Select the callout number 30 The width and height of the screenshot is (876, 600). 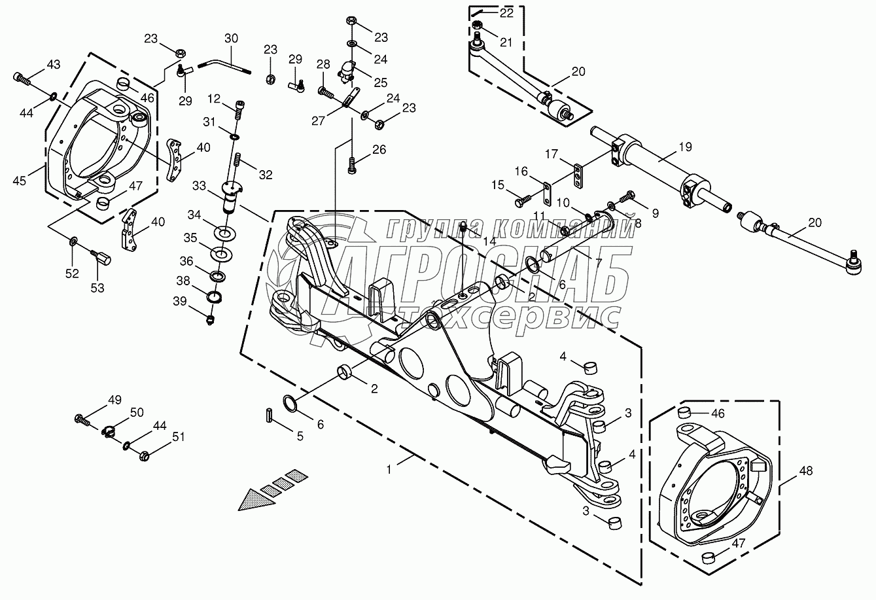click(x=232, y=39)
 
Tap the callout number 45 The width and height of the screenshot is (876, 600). click(x=19, y=180)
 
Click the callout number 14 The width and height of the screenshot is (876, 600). click(x=489, y=241)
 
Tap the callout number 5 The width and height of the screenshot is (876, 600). click(x=300, y=436)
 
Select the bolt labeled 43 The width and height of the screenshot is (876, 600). click(x=22, y=79)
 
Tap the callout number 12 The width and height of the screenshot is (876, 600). click(x=215, y=99)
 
